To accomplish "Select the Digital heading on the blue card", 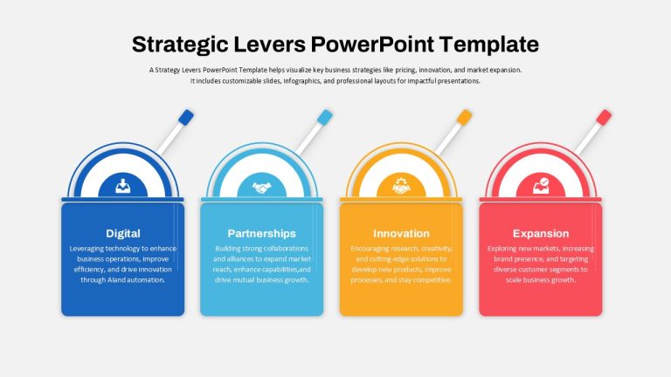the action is [123, 233].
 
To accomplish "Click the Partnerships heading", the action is [261, 233].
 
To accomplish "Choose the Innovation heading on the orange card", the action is [401, 233].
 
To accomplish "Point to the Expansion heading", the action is [541, 233].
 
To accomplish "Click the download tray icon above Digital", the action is [123, 187].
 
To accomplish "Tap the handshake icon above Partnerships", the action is [262, 188].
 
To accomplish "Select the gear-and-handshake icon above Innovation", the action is [401, 186].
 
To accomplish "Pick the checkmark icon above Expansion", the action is [541, 186].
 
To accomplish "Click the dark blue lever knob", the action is [186, 118].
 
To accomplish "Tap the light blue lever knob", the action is [325, 118].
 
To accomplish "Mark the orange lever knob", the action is [464, 118].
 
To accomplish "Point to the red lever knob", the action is [604, 118].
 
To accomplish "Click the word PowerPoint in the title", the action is [372, 45].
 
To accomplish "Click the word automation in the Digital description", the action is [145, 280].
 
